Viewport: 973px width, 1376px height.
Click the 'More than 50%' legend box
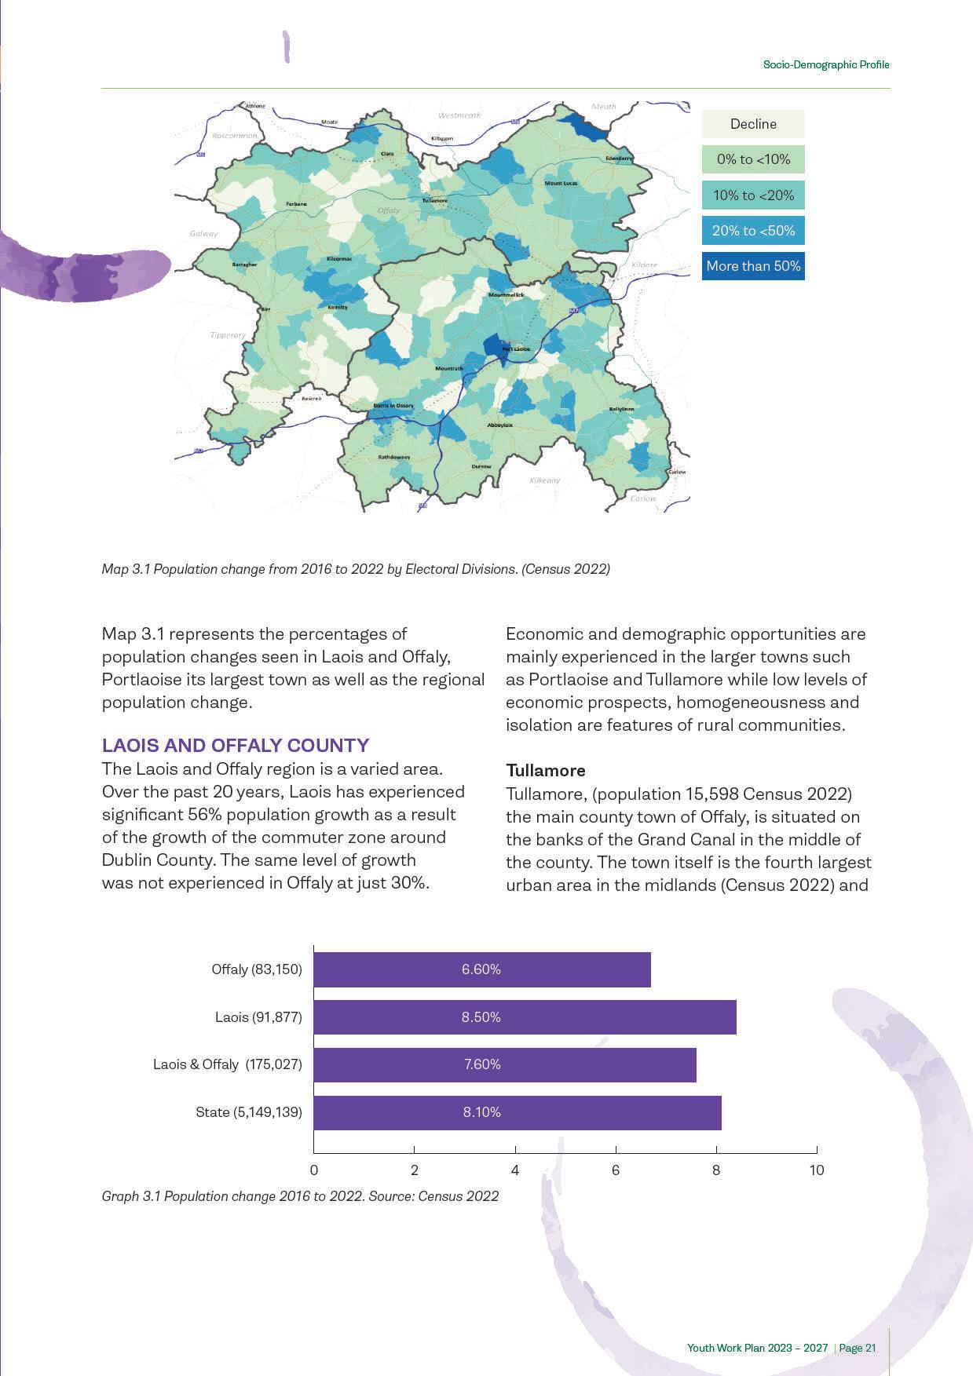coord(753,266)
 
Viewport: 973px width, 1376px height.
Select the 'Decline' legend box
coord(753,124)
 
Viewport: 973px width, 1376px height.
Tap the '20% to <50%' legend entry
coord(753,231)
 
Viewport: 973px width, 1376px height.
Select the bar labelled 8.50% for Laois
coord(525,1017)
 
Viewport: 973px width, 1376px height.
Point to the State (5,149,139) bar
coord(517,1112)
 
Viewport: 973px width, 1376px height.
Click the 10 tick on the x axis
coord(817,1170)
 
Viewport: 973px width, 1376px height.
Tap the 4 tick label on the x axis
coord(515,1170)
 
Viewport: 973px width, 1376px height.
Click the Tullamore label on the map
coord(434,200)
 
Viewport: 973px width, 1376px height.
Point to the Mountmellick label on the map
coord(506,295)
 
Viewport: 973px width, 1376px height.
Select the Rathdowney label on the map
coord(394,457)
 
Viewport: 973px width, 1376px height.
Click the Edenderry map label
coord(619,159)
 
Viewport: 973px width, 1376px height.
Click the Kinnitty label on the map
coord(338,308)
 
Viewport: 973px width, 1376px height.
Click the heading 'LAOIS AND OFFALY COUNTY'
coord(236,745)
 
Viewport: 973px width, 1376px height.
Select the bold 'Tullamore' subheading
coord(546,770)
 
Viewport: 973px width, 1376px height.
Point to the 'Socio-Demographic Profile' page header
coord(826,64)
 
